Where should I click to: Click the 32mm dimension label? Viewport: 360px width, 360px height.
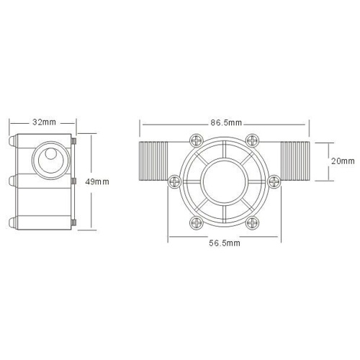pos(44,122)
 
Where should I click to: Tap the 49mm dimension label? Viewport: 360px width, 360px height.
pos(97,182)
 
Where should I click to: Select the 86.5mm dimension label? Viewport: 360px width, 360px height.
pos(226,122)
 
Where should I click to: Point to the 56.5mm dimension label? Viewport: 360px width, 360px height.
pos(225,243)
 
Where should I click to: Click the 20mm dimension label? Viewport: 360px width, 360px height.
pos(343,161)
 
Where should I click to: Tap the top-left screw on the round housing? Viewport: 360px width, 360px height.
pos(197,140)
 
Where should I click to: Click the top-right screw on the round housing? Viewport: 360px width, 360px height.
pos(253,140)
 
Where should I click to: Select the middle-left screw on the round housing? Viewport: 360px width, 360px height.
pos(174,181)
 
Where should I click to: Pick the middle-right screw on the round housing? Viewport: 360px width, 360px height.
pos(274,181)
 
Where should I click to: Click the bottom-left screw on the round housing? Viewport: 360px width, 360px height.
pos(197,223)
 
